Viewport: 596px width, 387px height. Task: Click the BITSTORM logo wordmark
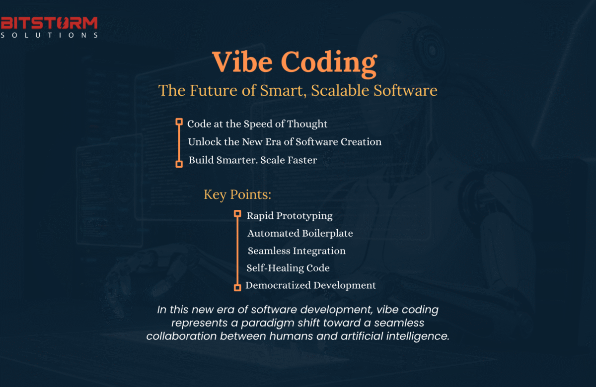49,23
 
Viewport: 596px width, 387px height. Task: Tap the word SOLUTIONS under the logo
49,35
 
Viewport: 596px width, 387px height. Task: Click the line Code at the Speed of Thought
257,124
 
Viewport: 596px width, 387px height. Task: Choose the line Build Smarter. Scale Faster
252,160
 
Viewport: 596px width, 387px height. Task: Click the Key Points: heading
237,194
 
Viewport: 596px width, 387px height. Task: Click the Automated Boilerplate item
300,233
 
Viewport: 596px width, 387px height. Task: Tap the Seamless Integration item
297,251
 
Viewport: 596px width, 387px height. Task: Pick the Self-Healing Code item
288,268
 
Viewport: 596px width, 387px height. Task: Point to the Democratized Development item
310,285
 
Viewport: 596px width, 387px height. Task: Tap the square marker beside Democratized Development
237,287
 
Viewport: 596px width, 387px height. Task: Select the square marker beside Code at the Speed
179,122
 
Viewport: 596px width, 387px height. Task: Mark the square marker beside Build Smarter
179,163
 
